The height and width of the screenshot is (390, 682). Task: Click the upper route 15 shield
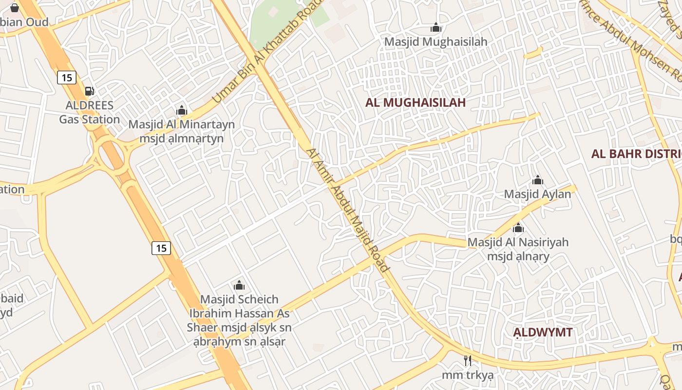coord(67,77)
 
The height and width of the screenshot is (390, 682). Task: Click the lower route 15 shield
coord(161,248)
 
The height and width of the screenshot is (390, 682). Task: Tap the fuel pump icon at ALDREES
coord(89,91)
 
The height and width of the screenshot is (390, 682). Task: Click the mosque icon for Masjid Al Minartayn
coord(182,110)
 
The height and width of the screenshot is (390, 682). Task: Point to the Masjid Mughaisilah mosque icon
coord(436,28)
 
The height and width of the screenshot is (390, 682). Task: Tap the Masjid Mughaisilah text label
coord(436,42)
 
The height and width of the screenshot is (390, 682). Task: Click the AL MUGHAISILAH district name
coord(416,102)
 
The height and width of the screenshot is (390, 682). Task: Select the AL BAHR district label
coord(636,154)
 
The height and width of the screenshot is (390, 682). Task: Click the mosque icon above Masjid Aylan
coord(537,180)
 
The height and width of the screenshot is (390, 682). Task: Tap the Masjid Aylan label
coord(537,194)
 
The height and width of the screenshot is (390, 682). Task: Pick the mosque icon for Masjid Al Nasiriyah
coord(518,228)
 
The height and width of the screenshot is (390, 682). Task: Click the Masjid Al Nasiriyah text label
coord(518,249)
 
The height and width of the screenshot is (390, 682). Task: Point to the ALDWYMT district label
coord(543,332)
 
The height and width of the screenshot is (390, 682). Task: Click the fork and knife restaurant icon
coord(468,361)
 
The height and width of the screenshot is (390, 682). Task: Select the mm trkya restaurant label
coord(468,375)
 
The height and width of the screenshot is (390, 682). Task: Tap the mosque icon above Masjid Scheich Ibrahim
coord(239,285)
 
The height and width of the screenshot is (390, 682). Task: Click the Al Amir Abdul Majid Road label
coord(348,210)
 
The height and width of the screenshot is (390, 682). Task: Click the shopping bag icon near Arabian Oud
coord(15,7)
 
